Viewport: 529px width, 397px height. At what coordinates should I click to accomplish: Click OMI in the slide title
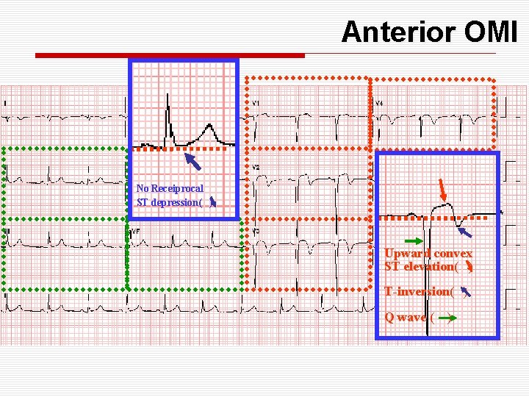click(x=490, y=32)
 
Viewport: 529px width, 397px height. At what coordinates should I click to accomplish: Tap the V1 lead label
click(x=256, y=104)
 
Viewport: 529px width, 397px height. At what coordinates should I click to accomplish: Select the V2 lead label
click(x=256, y=168)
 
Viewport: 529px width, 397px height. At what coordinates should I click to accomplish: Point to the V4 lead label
click(x=379, y=104)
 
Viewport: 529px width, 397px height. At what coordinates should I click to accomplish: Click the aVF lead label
click(x=135, y=232)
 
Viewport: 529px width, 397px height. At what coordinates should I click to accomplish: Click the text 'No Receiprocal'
click(x=170, y=189)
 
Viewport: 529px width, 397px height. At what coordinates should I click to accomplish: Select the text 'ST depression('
click(x=169, y=202)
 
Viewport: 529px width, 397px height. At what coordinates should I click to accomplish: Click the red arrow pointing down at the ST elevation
click(x=442, y=190)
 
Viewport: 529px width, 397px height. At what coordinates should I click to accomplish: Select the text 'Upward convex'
click(x=428, y=254)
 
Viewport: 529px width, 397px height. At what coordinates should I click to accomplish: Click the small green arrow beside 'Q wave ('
click(x=449, y=318)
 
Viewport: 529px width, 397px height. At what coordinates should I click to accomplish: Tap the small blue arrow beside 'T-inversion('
click(x=465, y=292)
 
